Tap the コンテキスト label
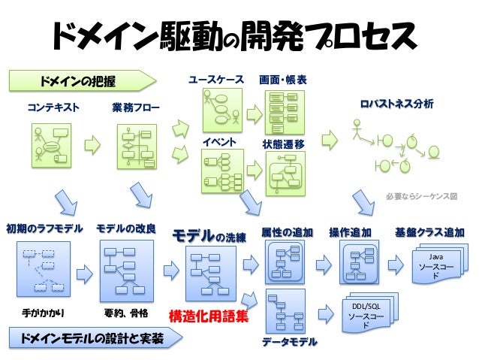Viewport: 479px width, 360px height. [x=53, y=107]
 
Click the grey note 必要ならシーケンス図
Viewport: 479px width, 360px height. [x=421, y=196]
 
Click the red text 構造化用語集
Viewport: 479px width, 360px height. [x=209, y=316]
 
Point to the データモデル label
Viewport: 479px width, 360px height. [x=288, y=342]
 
